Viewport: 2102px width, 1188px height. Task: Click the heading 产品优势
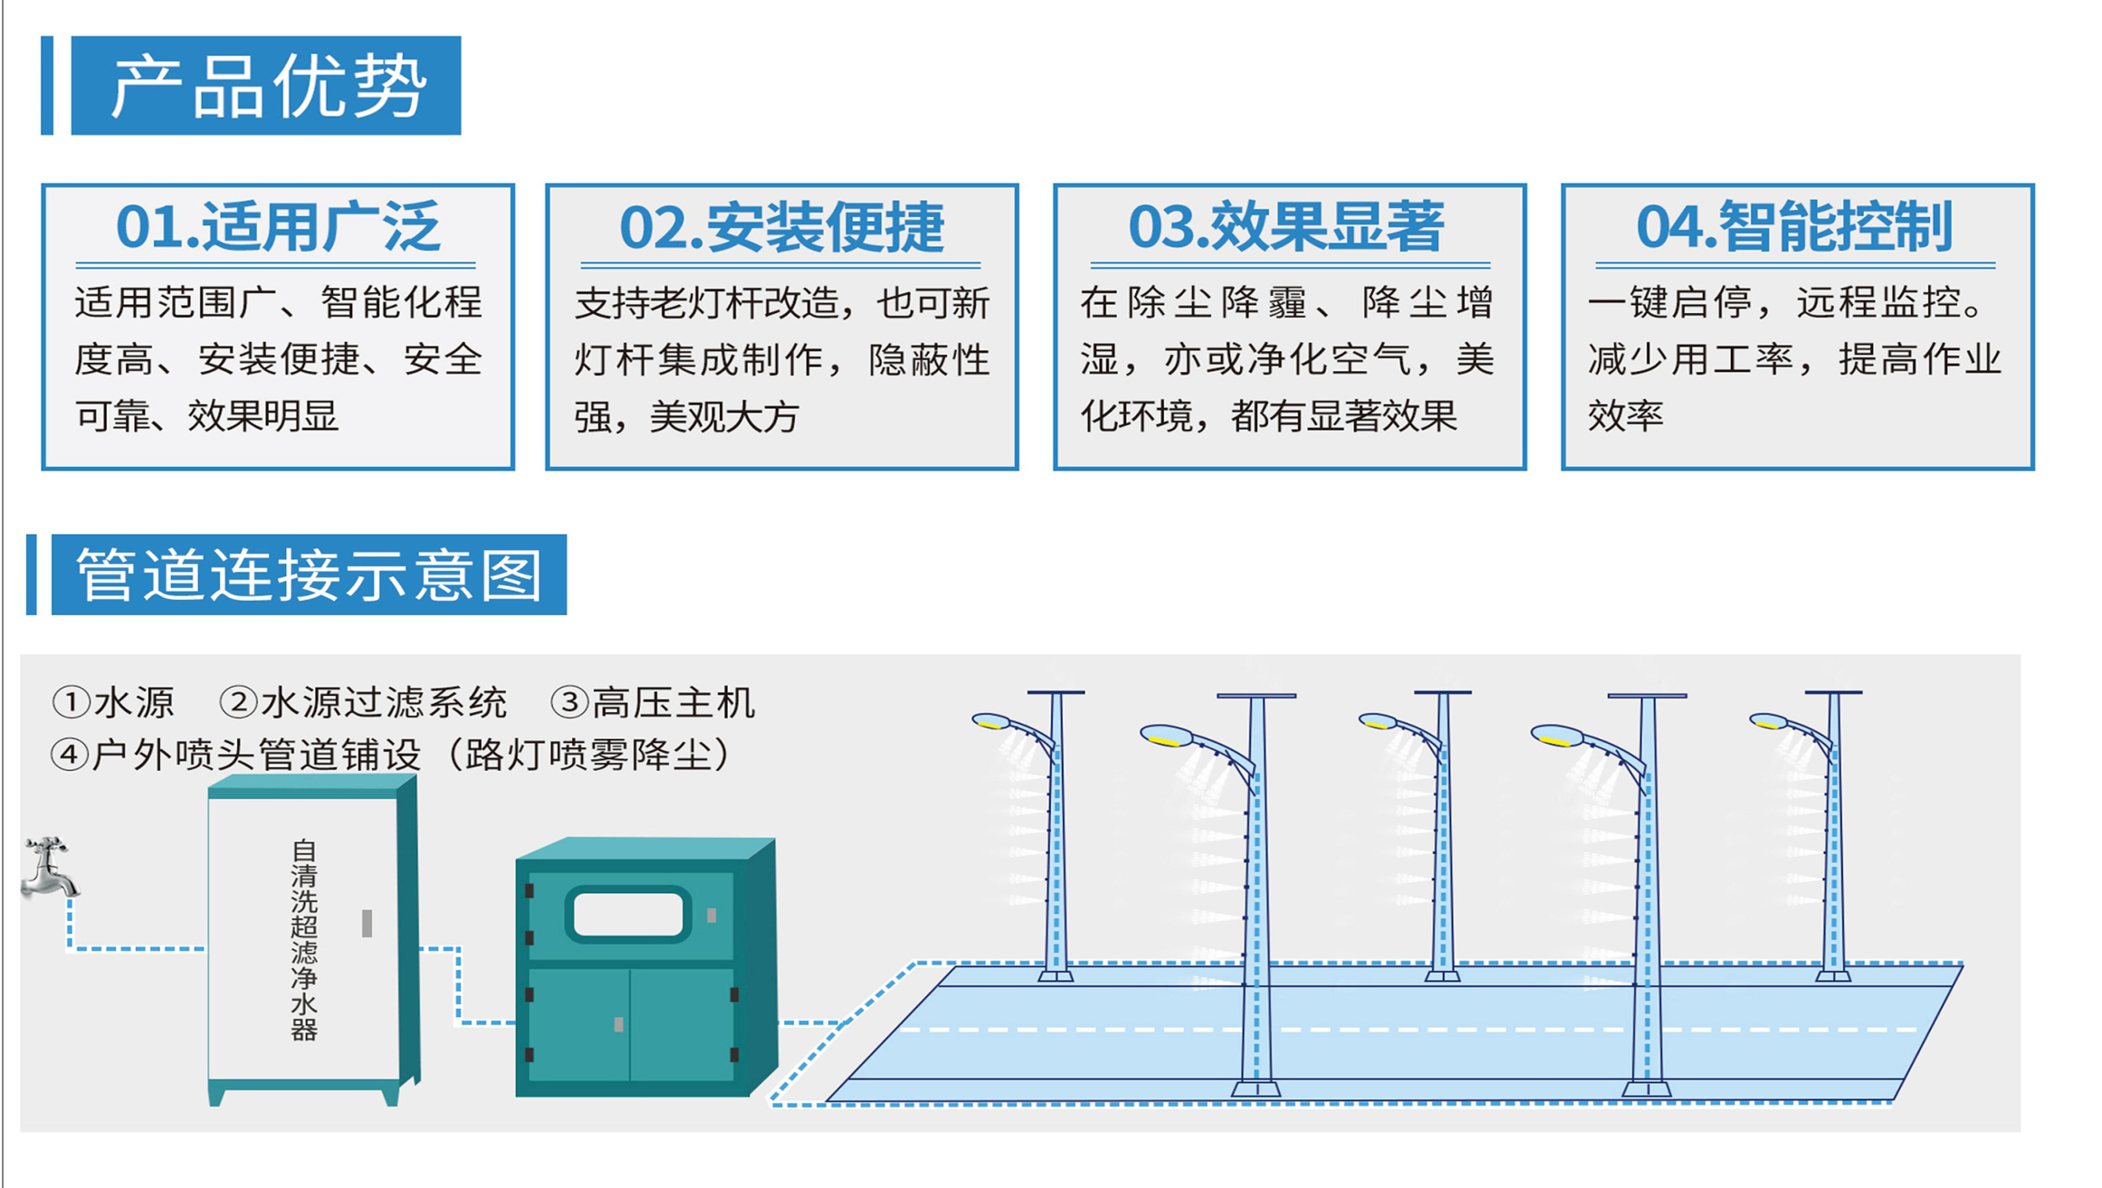click(266, 86)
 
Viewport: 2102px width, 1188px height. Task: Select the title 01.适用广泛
click(277, 227)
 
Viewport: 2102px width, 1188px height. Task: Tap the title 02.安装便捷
click(781, 227)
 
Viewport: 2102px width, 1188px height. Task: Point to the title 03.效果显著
click(1286, 227)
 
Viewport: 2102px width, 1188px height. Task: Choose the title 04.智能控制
click(1794, 227)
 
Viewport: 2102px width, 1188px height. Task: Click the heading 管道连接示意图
click(309, 575)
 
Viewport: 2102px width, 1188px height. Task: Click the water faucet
click(49, 868)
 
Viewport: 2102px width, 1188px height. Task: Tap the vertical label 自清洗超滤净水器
click(304, 940)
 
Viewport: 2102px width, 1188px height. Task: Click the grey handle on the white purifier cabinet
click(367, 923)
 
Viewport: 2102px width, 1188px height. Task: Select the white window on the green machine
click(628, 915)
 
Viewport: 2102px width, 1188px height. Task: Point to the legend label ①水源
click(113, 702)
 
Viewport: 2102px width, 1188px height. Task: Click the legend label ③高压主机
click(653, 702)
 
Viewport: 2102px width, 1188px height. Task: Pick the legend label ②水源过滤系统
click(363, 702)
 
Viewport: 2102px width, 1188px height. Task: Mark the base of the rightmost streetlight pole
click(1833, 974)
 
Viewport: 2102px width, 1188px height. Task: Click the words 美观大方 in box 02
click(724, 417)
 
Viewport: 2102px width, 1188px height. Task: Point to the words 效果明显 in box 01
click(263, 416)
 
